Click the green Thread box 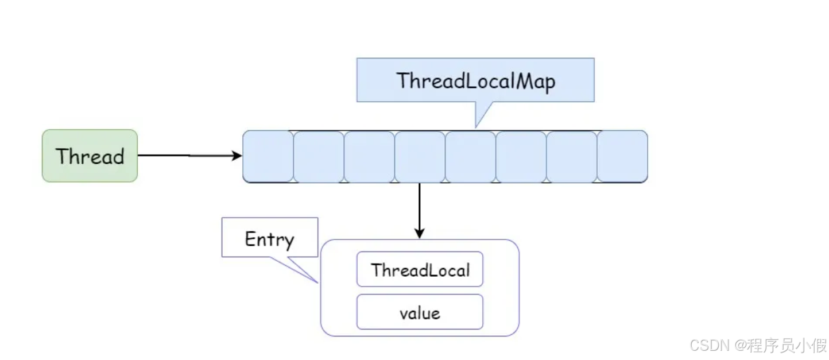(90, 156)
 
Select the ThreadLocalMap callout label (475, 80)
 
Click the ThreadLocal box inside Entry (420, 269)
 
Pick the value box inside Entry (420, 312)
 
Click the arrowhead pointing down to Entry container (420, 233)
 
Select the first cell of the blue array (268, 156)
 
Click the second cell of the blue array (319, 156)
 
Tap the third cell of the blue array (369, 156)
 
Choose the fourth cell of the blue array (420, 156)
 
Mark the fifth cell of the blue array (470, 156)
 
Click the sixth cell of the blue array (521, 156)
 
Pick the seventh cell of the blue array (571, 156)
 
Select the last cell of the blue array (622, 156)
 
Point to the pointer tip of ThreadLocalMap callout (476, 126)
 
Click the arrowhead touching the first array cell (237, 156)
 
